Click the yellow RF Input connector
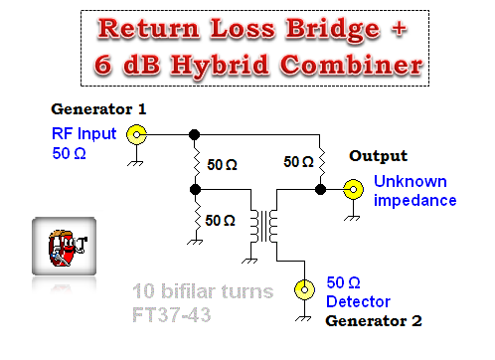point(137,133)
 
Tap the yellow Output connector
point(353,187)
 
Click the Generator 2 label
point(374,321)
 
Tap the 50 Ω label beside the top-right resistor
point(298,160)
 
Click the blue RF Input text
point(84,134)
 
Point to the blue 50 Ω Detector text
point(358,292)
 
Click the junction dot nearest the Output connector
point(320,187)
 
